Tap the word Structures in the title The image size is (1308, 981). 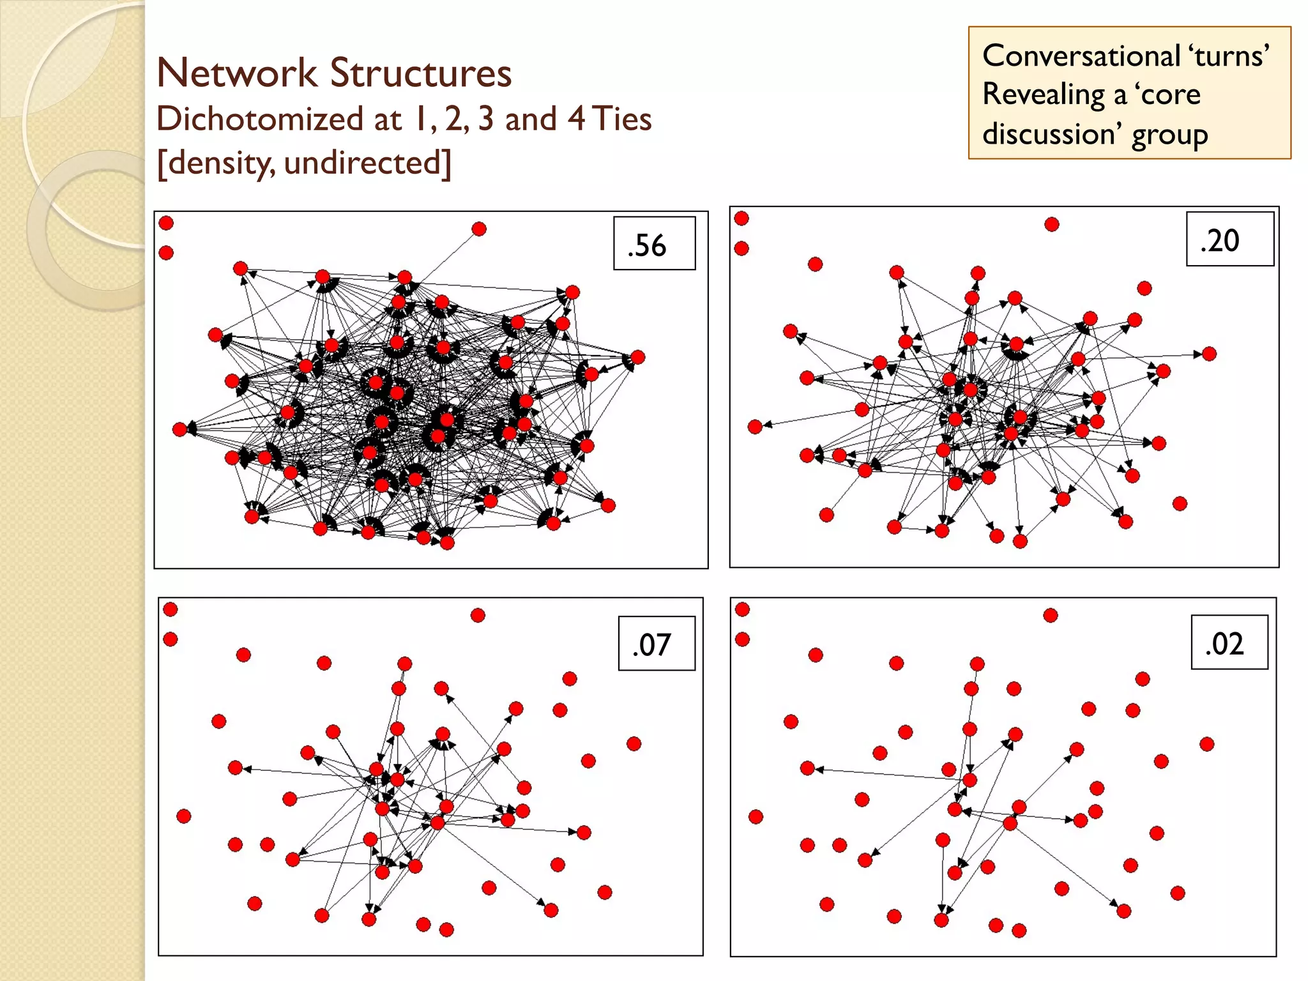click(x=421, y=73)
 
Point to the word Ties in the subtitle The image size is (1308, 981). click(x=621, y=119)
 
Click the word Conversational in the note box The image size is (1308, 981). click(x=1081, y=56)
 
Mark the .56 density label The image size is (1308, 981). click(x=648, y=245)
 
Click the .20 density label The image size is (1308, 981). click(x=1220, y=241)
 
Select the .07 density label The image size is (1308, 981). click(x=651, y=645)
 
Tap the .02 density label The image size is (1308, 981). click(x=1224, y=644)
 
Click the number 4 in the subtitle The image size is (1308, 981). click(x=577, y=119)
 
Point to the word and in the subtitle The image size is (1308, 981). click(x=531, y=119)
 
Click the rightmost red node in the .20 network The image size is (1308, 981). click(x=1209, y=354)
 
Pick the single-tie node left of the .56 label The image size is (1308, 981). click(x=479, y=229)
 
